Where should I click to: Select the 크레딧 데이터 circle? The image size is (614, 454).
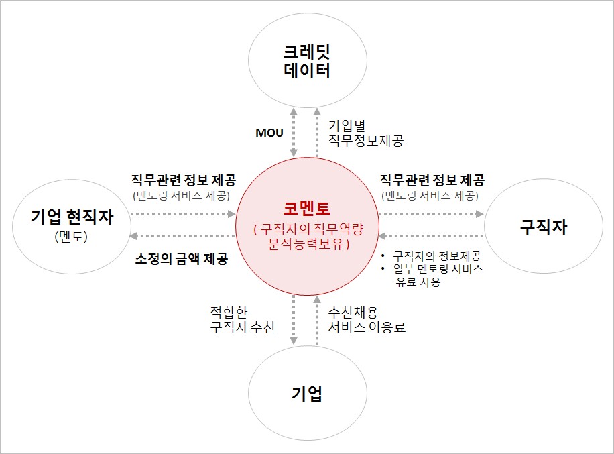(x=307, y=61)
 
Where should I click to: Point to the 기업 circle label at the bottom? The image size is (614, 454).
(x=307, y=393)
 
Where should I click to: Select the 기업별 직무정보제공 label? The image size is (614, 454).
(x=365, y=133)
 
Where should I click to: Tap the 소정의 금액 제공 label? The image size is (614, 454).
(x=182, y=259)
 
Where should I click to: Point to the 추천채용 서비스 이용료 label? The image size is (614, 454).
(x=367, y=319)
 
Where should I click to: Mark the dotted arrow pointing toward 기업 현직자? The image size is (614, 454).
(x=182, y=236)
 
